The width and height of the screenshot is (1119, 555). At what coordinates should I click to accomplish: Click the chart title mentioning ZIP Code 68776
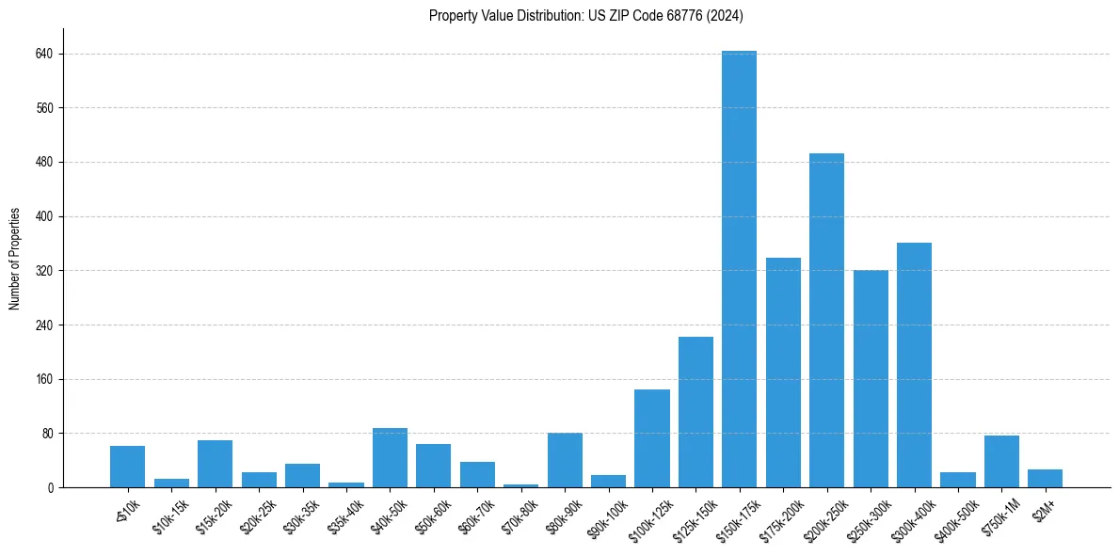586,15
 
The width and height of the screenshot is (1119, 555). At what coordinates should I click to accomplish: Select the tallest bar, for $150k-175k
739,269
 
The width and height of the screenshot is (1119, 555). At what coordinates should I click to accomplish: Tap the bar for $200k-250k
826,320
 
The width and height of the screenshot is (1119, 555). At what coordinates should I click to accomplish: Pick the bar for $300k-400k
914,365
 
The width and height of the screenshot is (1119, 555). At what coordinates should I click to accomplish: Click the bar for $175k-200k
783,373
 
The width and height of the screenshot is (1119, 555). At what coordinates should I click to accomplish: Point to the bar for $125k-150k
695,412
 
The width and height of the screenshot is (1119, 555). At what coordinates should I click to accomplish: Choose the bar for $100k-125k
651,438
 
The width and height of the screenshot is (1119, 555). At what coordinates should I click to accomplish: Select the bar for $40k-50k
390,458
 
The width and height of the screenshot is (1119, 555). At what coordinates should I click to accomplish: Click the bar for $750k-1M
1001,462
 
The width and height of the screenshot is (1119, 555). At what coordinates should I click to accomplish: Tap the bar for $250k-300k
871,379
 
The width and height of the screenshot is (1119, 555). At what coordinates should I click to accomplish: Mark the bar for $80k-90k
565,460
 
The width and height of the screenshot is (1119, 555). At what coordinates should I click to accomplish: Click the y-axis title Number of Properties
15,259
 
